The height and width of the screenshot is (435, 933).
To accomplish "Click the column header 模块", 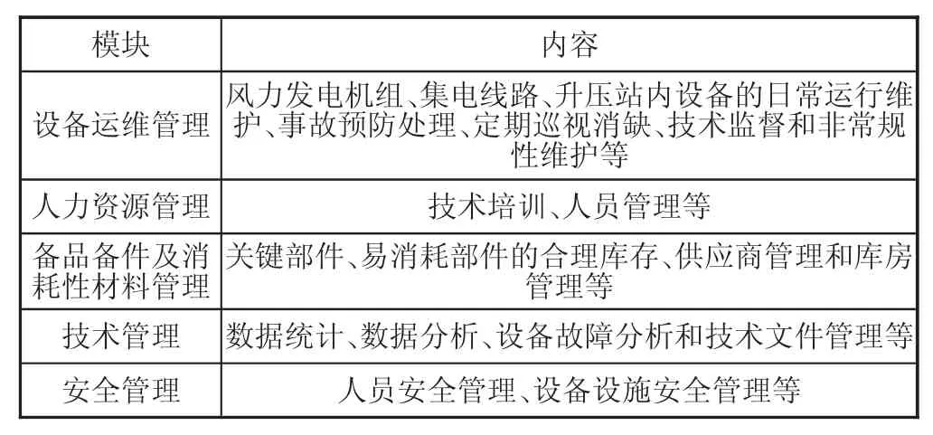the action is coord(121,45).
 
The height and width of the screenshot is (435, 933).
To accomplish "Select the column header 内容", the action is coord(569,45).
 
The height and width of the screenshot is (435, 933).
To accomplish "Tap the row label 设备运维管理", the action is coord(121,126).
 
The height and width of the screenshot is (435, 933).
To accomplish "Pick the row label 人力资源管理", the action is coord(121,206).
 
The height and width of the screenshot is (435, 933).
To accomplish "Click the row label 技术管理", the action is coord(121,336).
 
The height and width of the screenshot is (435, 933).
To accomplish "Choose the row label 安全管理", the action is coord(121,391).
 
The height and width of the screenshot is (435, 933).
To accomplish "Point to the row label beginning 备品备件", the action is coord(121,271).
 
